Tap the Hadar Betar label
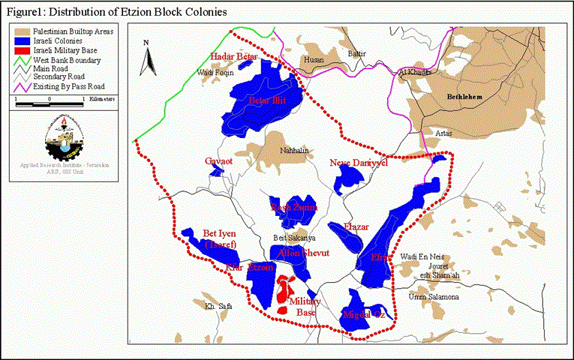tap(233, 57)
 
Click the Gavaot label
tap(220, 161)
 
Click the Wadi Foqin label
tap(215, 73)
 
